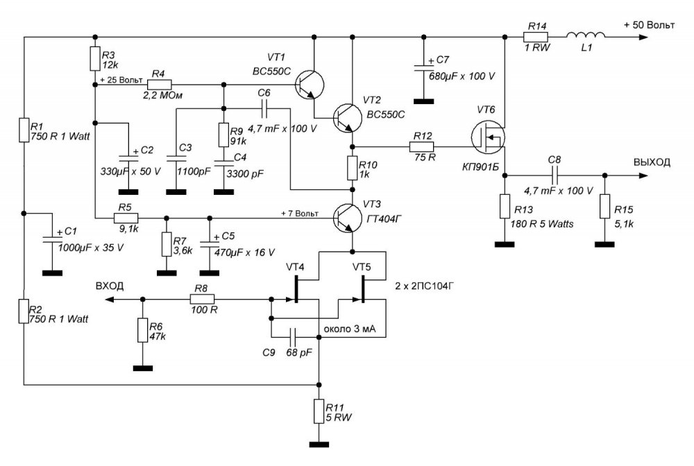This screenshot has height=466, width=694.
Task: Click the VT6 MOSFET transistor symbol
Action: pos(487,137)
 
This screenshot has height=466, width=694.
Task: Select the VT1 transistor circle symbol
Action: pos(309,84)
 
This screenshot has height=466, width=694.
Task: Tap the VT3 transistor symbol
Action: pos(348,218)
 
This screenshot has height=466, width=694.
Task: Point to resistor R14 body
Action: pos(536,37)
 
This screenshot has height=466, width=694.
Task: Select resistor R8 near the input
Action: pos(202,300)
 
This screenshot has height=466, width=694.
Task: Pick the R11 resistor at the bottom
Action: pos(319,411)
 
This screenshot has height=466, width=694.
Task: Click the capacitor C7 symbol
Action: pos(423,68)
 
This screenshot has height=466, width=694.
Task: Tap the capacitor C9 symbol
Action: pos(293,337)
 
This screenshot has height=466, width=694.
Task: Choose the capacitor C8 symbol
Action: pos(555,175)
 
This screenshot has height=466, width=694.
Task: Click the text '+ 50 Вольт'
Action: pos(650,25)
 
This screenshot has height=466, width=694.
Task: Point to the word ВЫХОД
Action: pos(652,162)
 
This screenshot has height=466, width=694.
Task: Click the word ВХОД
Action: pos(110,286)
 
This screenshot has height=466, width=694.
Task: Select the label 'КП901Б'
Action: pos(480,167)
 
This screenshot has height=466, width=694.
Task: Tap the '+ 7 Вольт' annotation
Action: pos(300,214)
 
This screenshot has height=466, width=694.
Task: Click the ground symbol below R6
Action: pos(142,368)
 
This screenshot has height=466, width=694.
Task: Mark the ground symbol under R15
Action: pos(604,243)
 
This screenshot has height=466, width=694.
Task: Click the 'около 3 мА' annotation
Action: pos(350,329)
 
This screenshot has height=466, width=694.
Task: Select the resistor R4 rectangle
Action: pos(159,85)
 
